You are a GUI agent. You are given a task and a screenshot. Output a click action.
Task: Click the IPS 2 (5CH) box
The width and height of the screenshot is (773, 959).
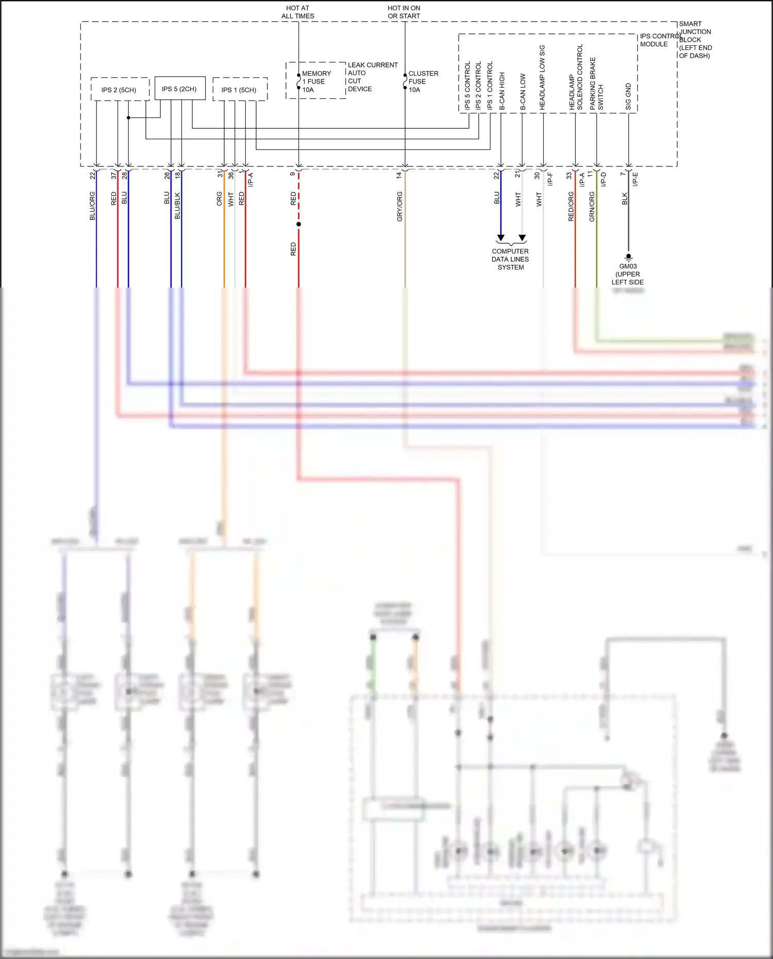click(120, 90)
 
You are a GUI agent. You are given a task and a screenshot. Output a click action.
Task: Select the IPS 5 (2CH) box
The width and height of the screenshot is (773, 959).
click(179, 89)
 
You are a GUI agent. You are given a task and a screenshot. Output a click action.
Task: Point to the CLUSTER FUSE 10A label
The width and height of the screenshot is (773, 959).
click(423, 81)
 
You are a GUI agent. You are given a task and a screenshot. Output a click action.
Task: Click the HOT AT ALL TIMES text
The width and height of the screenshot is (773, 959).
click(298, 12)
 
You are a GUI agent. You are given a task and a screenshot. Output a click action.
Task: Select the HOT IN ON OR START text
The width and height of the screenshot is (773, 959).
click(404, 12)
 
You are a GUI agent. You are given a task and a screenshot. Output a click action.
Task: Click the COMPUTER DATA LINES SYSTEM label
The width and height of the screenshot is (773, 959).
click(510, 259)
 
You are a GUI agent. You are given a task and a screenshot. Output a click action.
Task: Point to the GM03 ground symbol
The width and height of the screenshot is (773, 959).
click(628, 256)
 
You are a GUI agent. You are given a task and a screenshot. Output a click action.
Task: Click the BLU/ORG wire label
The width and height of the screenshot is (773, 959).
click(93, 206)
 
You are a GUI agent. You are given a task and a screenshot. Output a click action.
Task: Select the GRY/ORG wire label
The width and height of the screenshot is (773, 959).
click(400, 207)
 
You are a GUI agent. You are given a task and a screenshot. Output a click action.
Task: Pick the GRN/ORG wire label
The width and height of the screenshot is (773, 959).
click(592, 207)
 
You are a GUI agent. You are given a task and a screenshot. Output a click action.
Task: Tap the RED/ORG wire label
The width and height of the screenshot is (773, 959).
click(571, 207)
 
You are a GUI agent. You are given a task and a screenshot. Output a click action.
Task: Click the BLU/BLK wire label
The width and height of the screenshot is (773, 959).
click(177, 206)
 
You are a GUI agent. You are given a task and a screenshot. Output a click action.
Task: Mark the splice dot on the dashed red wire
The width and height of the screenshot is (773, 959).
click(298, 224)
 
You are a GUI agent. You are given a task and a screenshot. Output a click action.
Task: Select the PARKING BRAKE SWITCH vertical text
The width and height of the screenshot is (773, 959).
click(596, 83)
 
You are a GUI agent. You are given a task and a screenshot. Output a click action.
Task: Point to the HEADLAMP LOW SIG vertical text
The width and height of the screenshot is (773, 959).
click(542, 77)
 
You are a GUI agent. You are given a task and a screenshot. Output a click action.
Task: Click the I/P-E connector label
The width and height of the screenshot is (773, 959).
click(635, 179)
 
